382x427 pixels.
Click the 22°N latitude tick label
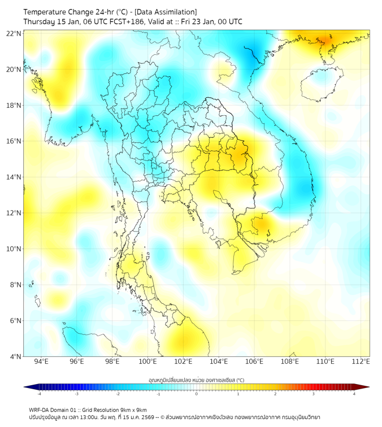pos(14,33)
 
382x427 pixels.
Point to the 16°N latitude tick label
pos(14,141)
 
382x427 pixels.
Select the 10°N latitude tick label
pos(14,249)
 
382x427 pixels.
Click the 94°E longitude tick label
pos(41,362)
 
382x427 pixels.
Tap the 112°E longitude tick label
pos(361,362)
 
